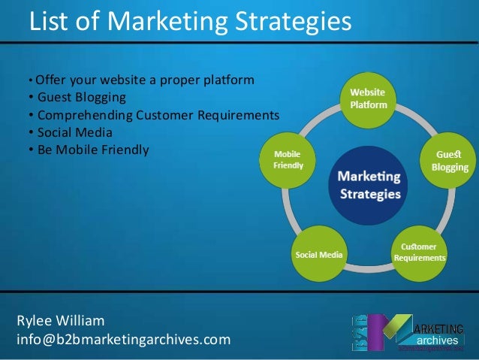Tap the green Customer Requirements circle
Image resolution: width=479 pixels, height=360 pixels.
coord(419,252)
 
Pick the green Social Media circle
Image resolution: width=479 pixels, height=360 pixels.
coord(319,254)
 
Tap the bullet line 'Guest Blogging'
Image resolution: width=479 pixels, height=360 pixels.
coord(81,98)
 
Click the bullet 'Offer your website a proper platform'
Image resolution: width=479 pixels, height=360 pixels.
coord(144,80)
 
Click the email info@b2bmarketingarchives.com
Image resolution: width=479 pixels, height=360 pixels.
coord(123,340)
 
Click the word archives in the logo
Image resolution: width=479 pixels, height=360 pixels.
coord(442,340)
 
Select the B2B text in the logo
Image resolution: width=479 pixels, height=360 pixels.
coord(364,333)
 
